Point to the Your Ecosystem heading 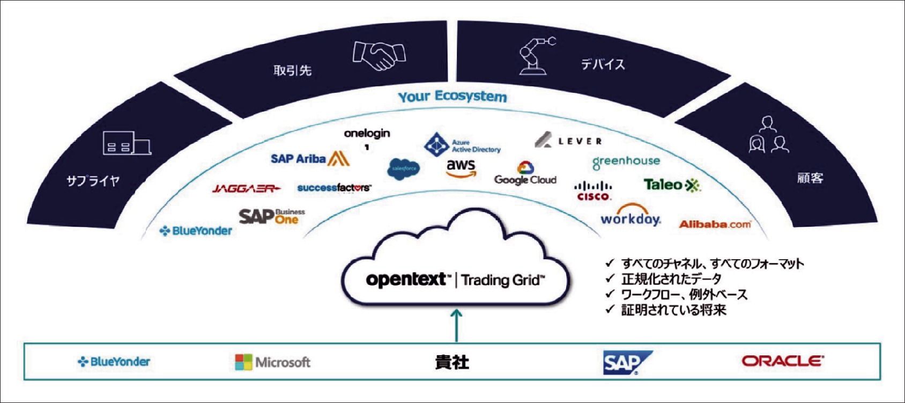coord(452,97)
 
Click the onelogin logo coord(367,134)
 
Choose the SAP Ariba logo coord(310,158)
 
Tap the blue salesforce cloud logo coord(403,169)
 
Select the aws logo coord(461,167)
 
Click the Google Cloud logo coord(525,174)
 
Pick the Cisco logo coord(593,190)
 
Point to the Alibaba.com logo coord(715,224)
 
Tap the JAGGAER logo coord(246,188)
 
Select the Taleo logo coord(671,185)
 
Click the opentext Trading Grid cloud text coord(455,280)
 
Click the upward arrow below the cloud coord(456,324)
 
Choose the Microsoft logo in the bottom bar coord(272,362)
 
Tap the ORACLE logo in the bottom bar coord(782,361)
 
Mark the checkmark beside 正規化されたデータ coord(609,279)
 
